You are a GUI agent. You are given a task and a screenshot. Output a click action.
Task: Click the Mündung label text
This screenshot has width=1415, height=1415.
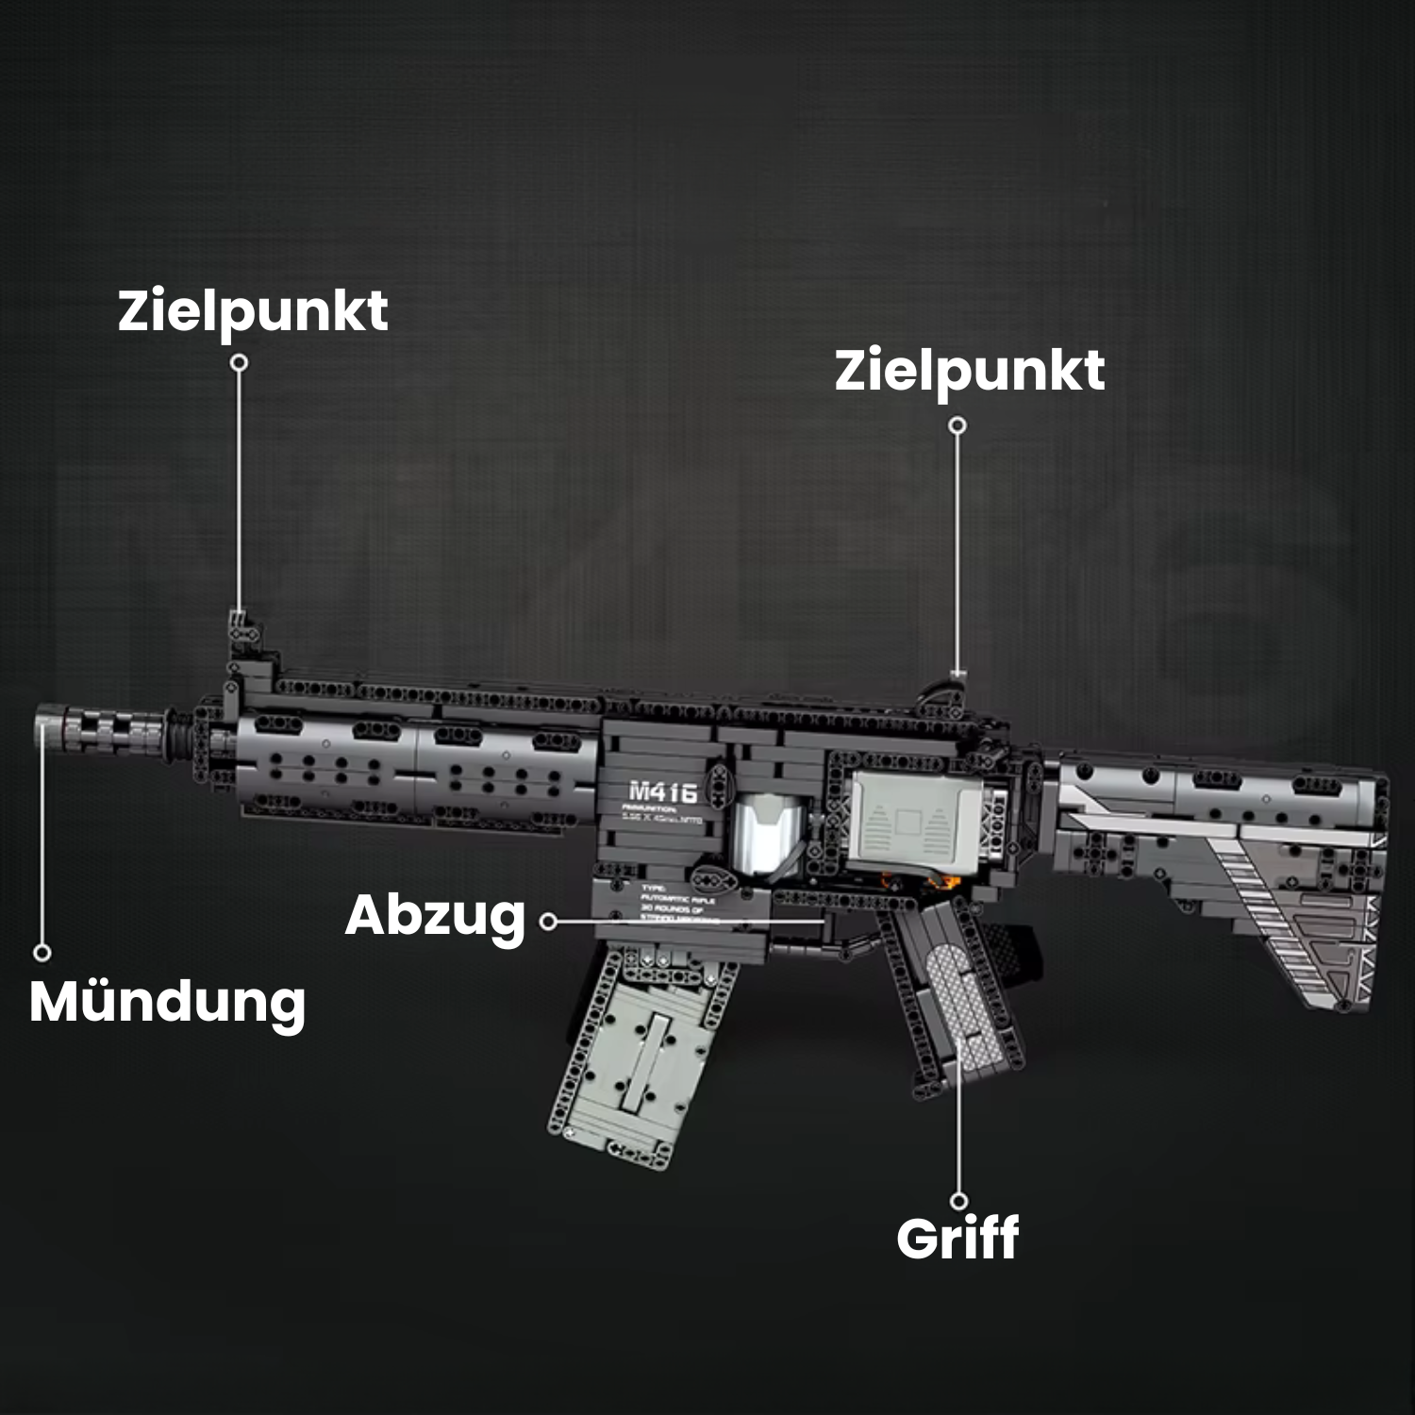click(x=167, y=1002)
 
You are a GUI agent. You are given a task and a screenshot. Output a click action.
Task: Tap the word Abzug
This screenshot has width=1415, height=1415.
click(x=435, y=916)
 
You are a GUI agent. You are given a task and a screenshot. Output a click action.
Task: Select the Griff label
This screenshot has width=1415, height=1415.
click(x=957, y=1239)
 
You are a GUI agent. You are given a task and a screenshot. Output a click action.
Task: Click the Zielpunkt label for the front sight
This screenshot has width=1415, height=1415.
click(x=252, y=311)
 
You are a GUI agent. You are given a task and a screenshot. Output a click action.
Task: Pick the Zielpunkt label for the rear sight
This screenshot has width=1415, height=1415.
click(x=969, y=370)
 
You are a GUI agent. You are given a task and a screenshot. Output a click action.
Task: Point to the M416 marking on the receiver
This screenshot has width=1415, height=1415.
click(x=662, y=791)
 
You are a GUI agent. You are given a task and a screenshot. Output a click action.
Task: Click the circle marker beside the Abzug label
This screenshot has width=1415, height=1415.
click(x=548, y=921)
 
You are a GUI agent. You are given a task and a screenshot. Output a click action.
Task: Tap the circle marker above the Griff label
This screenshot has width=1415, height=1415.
click(x=958, y=1201)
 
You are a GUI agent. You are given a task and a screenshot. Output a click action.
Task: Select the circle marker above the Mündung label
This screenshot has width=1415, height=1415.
click(x=42, y=953)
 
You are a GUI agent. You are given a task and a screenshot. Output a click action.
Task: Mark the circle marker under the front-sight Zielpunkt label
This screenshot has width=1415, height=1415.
click(x=240, y=362)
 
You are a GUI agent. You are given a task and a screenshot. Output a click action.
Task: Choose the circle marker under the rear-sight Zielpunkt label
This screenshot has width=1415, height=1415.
click(x=957, y=425)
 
